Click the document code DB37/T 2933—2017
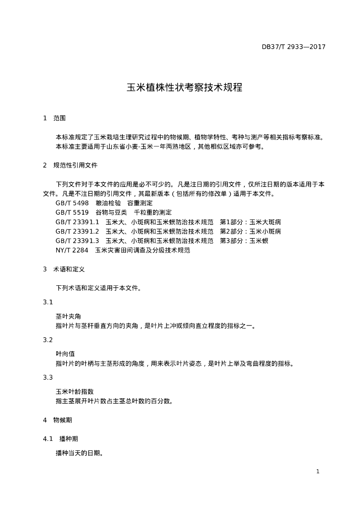(293, 47)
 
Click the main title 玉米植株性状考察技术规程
(184, 88)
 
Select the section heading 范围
(59, 118)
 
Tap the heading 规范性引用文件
(76, 165)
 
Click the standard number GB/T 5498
(72, 203)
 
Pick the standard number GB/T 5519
(72, 212)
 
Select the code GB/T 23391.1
(78, 222)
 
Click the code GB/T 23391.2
(78, 231)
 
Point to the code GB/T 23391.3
(78, 241)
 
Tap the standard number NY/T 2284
(72, 250)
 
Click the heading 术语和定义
(69, 269)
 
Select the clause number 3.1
(48, 302)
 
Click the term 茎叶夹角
(68, 316)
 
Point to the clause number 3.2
(48, 340)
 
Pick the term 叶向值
(65, 354)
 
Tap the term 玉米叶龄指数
(75, 392)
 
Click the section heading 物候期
(63, 420)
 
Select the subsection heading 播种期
(68, 439)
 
